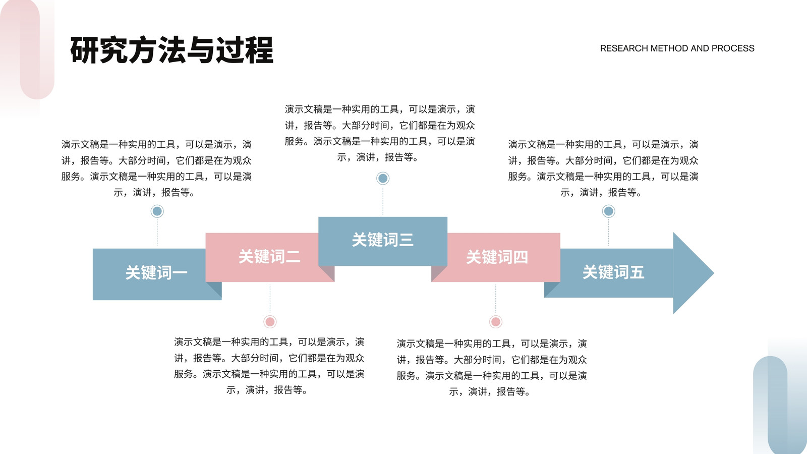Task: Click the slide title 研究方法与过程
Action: (x=171, y=50)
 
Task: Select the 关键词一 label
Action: (x=156, y=273)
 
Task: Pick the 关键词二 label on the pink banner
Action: (x=269, y=257)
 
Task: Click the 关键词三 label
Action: (x=383, y=240)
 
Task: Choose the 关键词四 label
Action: (x=497, y=257)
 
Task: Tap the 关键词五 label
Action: (x=613, y=272)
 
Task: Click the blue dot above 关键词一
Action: (x=157, y=211)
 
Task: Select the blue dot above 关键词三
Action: (x=383, y=178)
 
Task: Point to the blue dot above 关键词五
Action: (x=608, y=211)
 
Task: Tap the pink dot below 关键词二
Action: (x=270, y=321)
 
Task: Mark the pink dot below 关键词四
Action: (x=495, y=321)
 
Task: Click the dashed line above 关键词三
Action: (x=383, y=200)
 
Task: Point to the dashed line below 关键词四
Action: (x=495, y=299)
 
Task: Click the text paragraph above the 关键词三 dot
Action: (x=380, y=133)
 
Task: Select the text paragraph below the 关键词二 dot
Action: (x=269, y=366)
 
